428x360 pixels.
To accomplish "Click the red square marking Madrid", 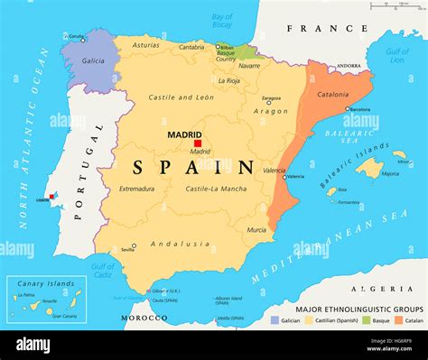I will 198,143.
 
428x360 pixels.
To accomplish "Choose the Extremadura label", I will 136,189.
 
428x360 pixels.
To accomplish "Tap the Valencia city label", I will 274,171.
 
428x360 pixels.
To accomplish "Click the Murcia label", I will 256,229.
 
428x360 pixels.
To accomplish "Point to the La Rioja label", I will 229,80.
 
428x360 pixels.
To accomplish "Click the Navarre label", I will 249,65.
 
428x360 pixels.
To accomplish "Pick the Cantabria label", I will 191,47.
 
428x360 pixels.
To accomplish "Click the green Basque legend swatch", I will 366,320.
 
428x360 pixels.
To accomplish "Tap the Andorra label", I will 349,66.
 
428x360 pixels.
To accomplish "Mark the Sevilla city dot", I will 133,245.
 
